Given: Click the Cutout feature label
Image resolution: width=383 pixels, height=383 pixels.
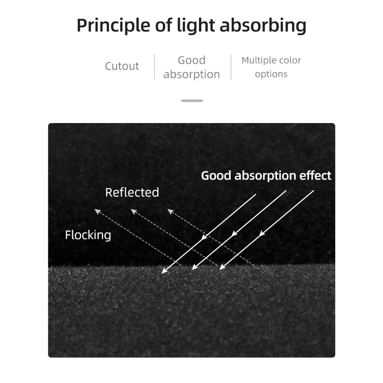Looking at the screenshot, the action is [122, 66].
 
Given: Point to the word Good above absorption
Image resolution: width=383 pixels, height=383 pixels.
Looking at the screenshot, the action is [191, 60].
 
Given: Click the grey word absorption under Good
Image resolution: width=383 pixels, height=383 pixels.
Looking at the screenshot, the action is [191, 74].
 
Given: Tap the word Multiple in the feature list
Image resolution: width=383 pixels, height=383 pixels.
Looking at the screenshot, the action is [258, 60].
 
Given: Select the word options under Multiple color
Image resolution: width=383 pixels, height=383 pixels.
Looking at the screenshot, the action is [271, 74].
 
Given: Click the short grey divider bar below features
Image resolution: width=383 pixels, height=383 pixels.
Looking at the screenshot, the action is [192, 101].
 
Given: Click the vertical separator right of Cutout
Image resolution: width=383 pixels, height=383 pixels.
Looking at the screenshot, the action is [154, 67].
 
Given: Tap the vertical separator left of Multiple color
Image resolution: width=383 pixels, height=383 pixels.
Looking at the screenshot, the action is [231, 67].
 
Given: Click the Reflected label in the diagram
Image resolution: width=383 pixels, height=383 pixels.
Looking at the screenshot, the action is [132, 192].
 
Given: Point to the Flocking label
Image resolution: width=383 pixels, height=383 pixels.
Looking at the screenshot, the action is [88, 235].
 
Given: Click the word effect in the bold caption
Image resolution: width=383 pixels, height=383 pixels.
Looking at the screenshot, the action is [316, 175].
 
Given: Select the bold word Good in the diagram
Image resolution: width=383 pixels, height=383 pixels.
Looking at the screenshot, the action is [217, 175].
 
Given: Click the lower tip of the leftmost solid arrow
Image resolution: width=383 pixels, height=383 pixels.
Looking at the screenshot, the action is [163, 273].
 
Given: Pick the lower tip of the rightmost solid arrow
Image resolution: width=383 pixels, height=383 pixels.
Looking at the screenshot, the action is [221, 269].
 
